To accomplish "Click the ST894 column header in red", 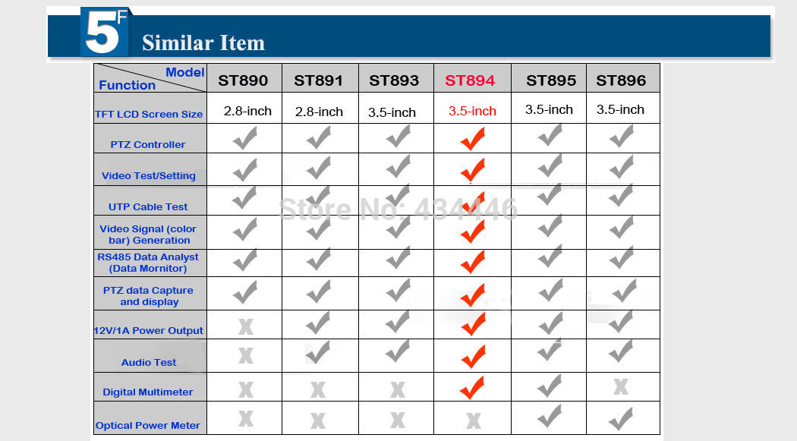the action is (x=470, y=80).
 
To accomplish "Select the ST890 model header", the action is (x=243, y=80).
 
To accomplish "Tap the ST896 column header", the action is (x=621, y=80).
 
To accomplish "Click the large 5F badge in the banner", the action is (x=104, y=32).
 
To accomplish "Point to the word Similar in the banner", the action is (x=172, y=43).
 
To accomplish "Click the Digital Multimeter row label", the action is (x=148, y=392).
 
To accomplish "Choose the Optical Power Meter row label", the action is (x=148, y=426).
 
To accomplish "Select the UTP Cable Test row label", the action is (x=148, y=206).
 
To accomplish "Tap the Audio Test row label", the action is (x=149, y=362).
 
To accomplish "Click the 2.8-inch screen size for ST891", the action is (x=319, y=112).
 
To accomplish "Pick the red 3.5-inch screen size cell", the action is (x=472, y=112).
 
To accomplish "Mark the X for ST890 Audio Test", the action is (x=245, y=356).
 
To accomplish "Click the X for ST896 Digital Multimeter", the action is (x=621, y=386).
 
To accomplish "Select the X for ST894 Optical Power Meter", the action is (x=473, y=421).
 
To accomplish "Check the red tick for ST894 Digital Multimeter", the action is (x=472, y=388).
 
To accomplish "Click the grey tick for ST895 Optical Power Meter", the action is (x=550, y=416).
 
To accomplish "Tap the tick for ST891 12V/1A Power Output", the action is (x=318, y=323).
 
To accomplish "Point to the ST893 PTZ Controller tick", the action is (x=398, y=136).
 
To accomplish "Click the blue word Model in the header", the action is (x=185, y=72).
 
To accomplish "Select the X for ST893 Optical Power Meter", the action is (x=398, y=420).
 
